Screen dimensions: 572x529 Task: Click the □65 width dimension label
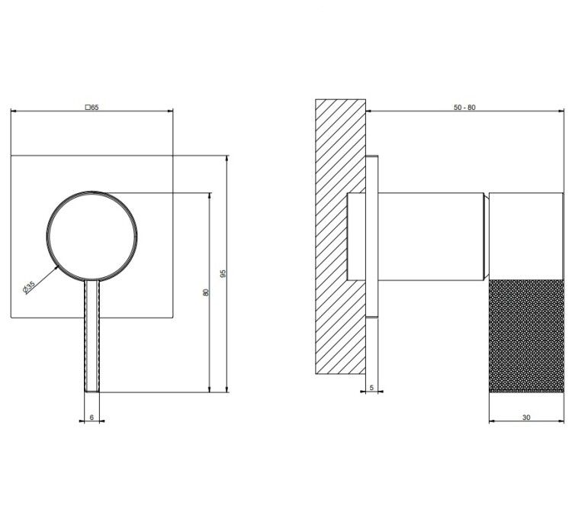(92, 108)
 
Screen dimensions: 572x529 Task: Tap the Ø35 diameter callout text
(29, 287)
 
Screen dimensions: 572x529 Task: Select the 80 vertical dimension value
(206, 292)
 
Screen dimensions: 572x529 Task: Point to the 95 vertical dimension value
(223, 273)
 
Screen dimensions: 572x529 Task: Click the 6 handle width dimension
(92, 417)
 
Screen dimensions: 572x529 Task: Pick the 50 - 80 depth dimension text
(464, 108)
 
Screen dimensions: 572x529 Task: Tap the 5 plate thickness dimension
(371, 388)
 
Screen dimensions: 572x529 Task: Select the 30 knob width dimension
(526, 417)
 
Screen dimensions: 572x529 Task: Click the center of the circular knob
(92, 237)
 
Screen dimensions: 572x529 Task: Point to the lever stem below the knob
(92, 336)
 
